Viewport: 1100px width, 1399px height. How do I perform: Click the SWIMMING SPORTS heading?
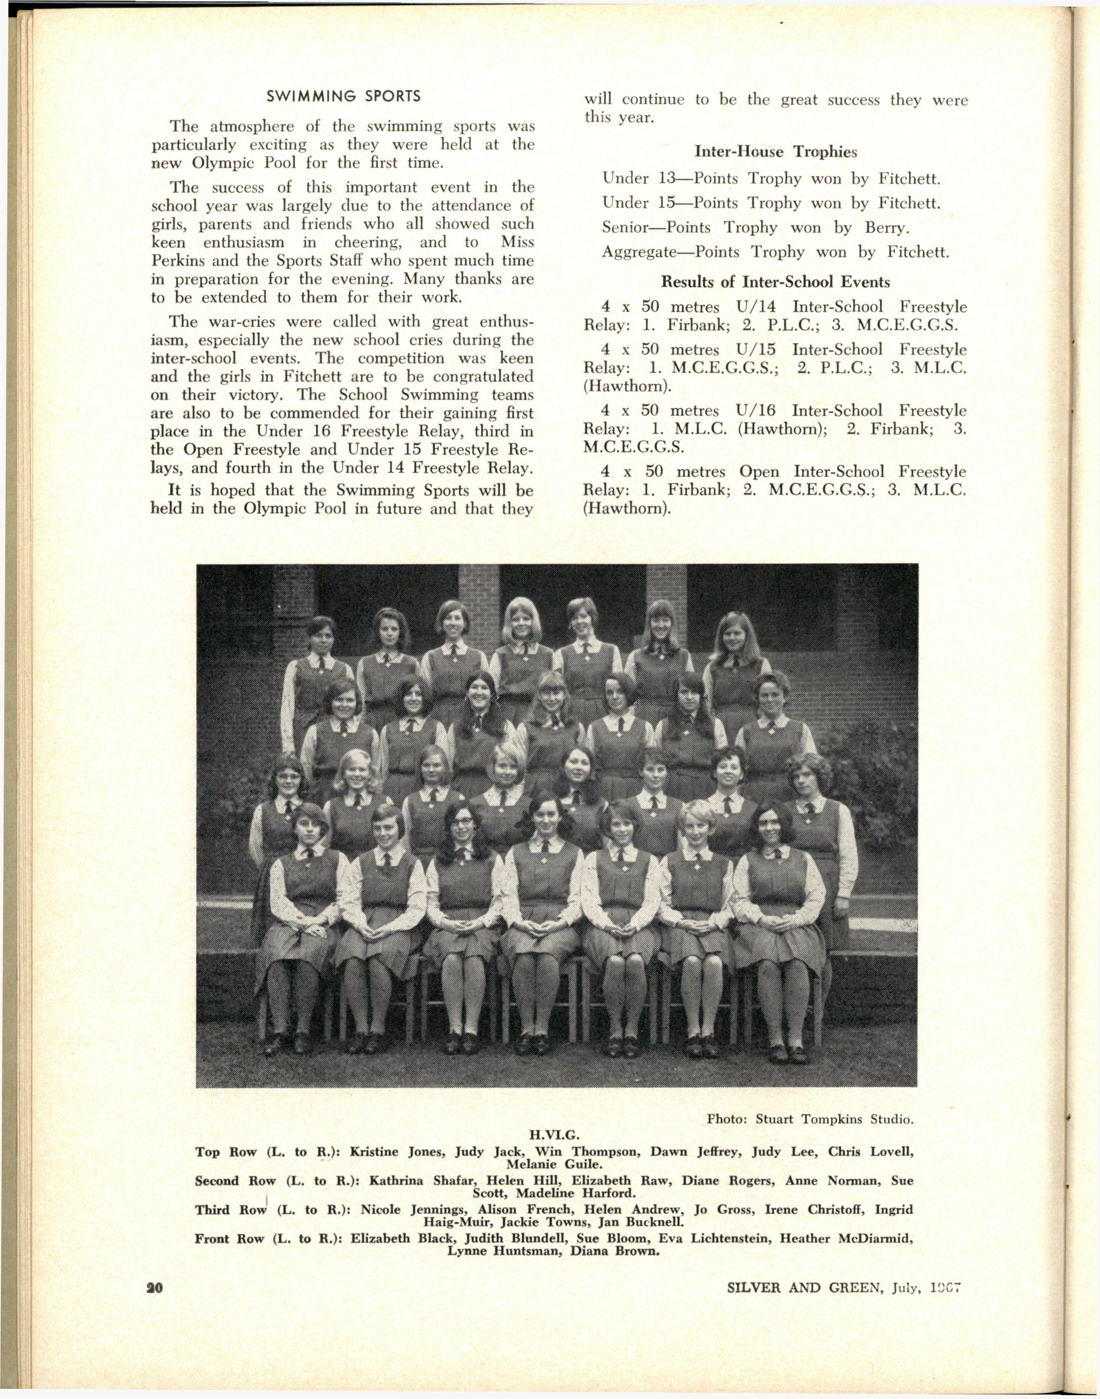point(343,97)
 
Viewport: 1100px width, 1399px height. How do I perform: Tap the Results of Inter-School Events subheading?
point(775,282)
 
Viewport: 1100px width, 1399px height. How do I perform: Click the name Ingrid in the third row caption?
point(893,1210)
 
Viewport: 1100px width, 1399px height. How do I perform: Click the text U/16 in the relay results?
point(755,411)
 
